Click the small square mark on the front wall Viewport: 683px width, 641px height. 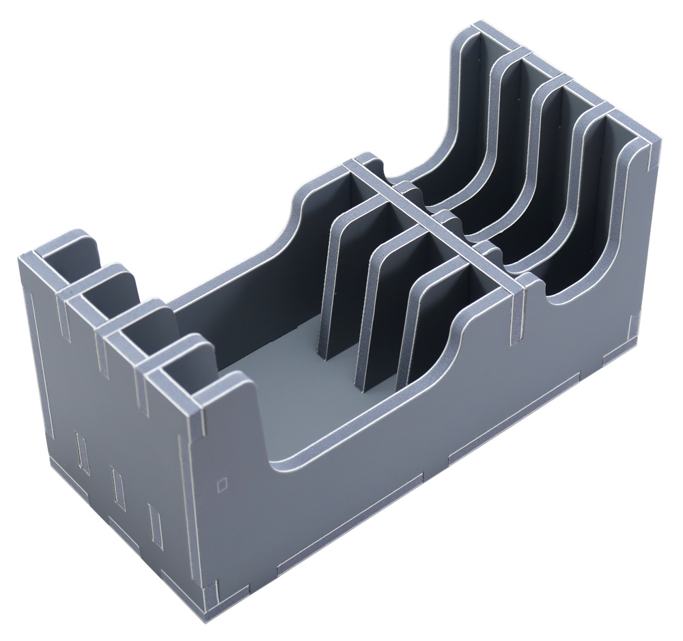(221, 485)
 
